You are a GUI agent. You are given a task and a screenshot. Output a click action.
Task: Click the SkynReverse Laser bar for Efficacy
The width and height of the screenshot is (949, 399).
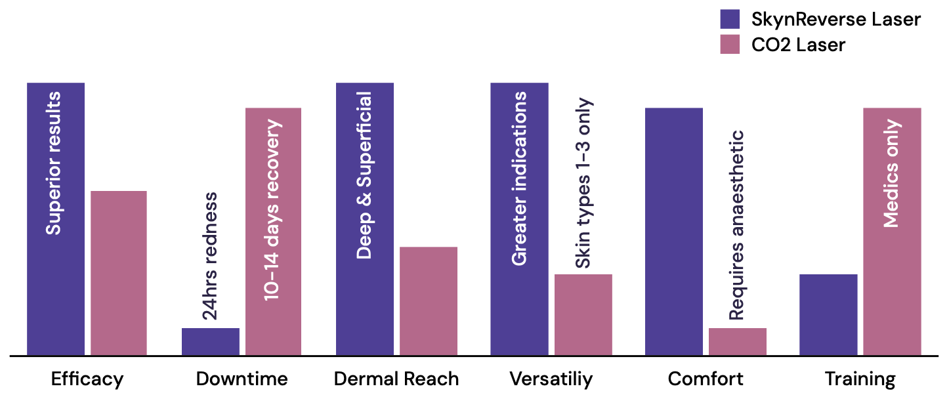tap(56, 295)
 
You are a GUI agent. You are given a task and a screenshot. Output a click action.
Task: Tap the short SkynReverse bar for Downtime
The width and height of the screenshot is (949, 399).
tap(211, 342)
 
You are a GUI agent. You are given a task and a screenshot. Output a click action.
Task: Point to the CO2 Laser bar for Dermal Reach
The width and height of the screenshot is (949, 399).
tap(429, 301)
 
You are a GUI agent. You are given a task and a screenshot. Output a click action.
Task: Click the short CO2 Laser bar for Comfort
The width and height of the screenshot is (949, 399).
tap(738, 342)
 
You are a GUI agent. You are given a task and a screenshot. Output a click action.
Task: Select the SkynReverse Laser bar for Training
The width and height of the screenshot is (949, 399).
tap(828, 315)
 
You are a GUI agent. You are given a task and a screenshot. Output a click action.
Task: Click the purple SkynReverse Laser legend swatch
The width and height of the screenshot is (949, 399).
tap(730, 19)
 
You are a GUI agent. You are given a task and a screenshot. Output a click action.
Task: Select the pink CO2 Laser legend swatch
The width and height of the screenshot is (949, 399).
tap(730, 45)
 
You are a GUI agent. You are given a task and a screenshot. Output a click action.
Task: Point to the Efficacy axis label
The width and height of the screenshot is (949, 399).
tap(87, 379)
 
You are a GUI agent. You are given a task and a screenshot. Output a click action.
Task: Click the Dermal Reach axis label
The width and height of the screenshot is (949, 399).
tap(396, 379)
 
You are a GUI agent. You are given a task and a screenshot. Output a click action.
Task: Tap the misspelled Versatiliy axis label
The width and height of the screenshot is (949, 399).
tap(551, 379)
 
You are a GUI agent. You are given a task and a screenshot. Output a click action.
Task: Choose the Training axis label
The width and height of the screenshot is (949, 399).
tap(860, 379)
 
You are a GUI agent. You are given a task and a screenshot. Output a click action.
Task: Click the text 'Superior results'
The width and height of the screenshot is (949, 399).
tap(54, 163)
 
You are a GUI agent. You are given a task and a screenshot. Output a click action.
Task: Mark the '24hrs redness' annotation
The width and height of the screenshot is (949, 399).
tap(209, 256)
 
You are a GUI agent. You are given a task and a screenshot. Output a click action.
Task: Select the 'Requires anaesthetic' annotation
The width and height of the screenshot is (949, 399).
tap(737, 225)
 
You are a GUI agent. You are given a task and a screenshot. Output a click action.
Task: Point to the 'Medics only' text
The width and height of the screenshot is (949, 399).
tap(891, 174)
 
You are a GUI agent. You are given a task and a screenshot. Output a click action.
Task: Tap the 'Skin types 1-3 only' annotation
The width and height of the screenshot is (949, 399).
tap(583, 184)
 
